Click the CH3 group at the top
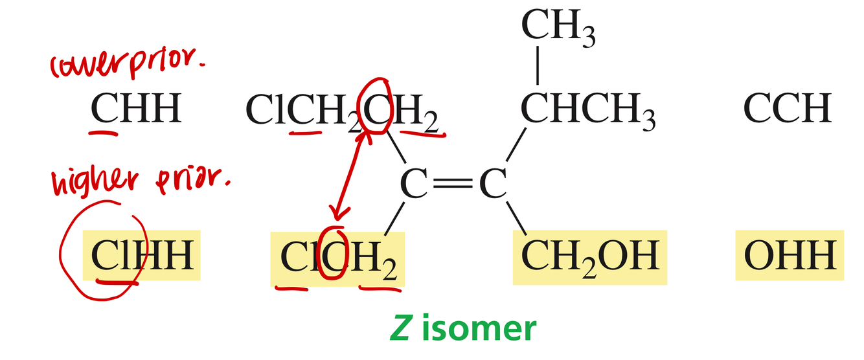click(x=558, y=27)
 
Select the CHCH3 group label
click(x=588, y=109)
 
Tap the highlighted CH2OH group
click(x=589, y=256)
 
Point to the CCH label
click(x=787, y=109)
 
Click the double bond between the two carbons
click(x=453, y=185)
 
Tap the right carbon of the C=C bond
click(x=492, y=185)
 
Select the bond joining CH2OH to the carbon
click(x=516, y=219)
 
